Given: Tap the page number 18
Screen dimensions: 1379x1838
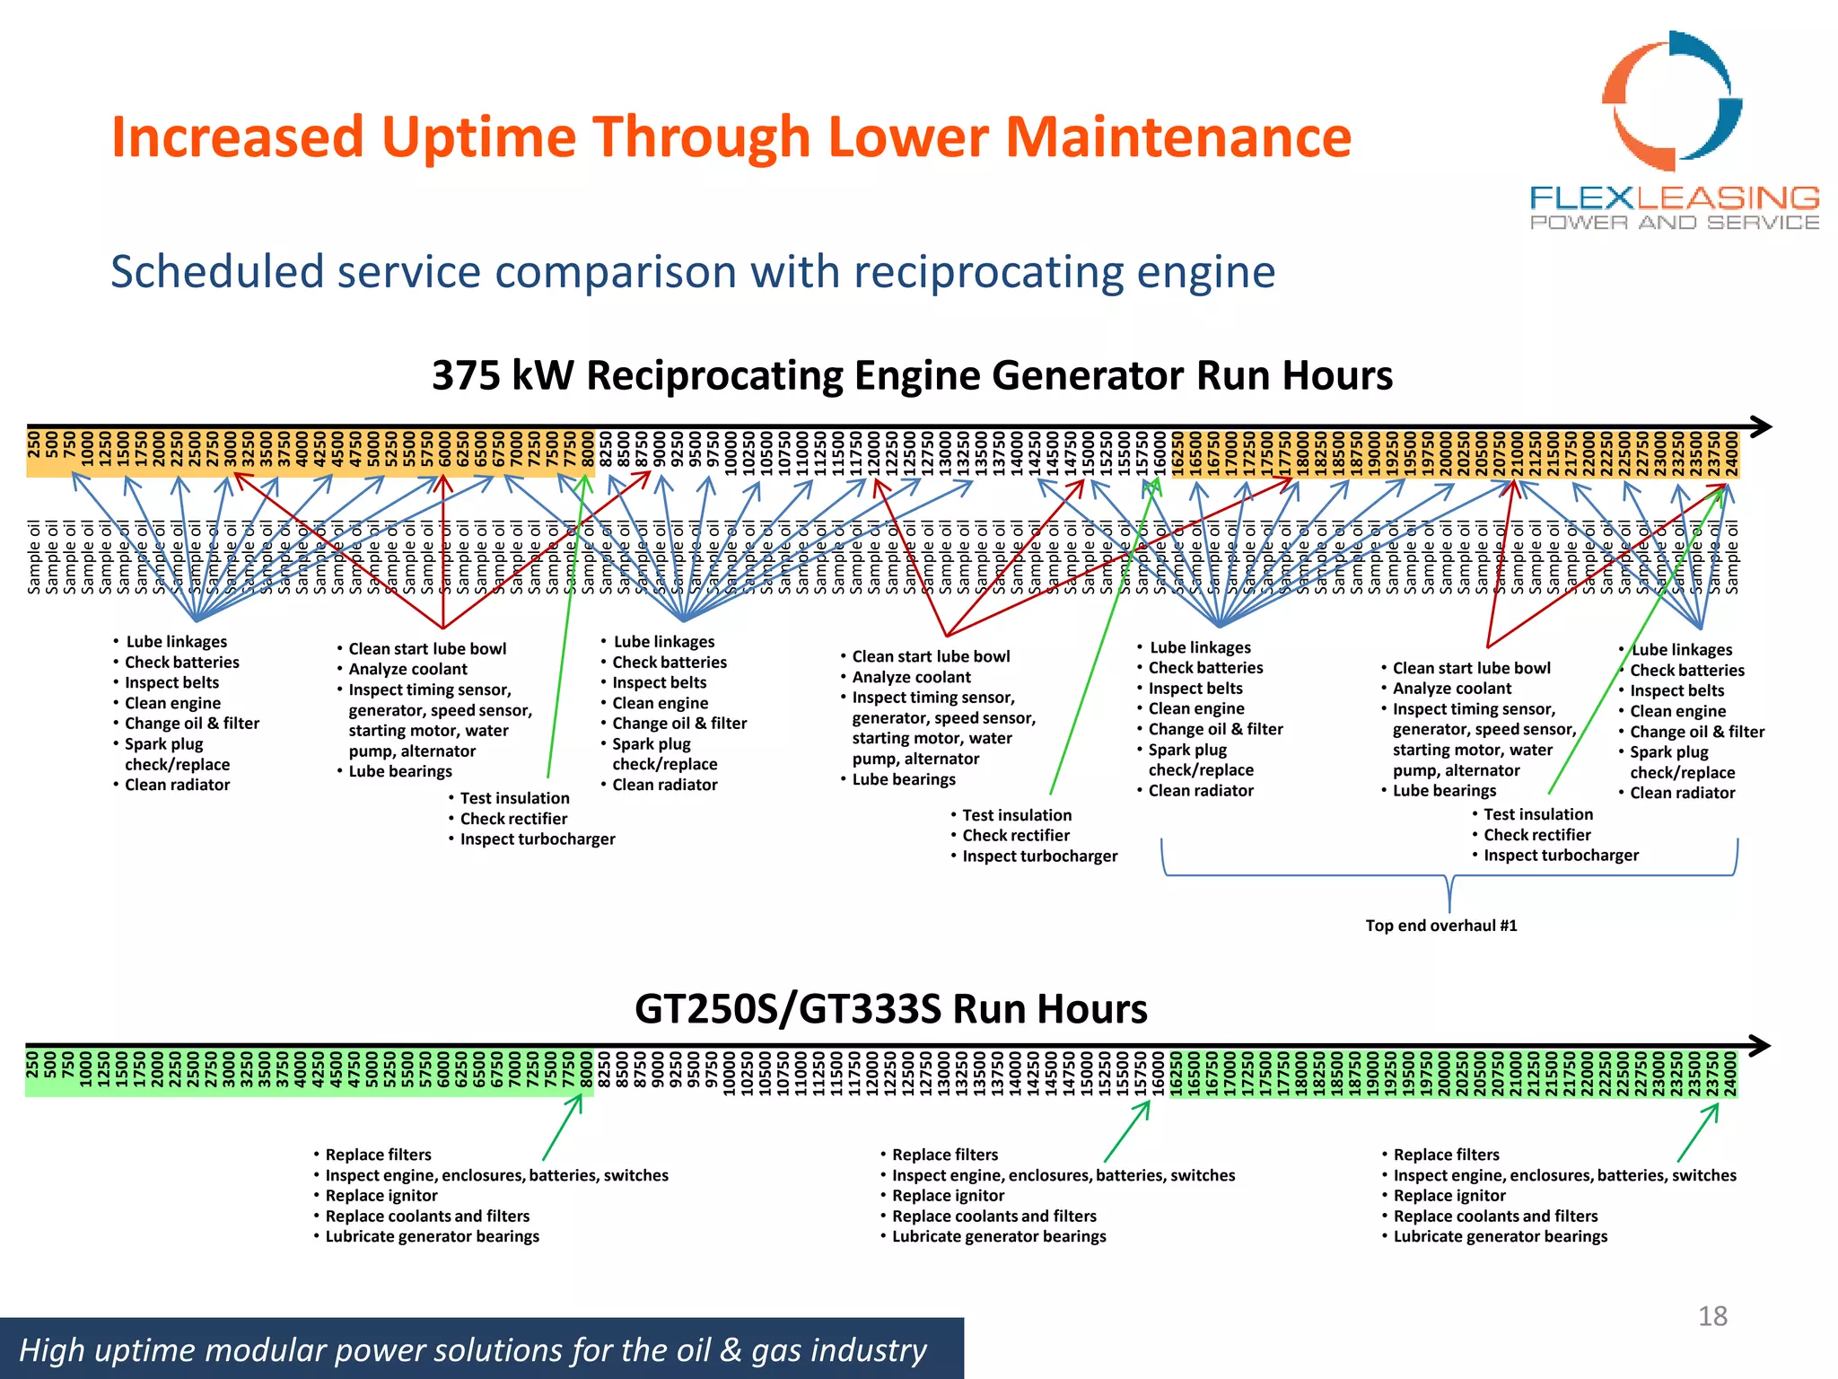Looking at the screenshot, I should point(1712,1316).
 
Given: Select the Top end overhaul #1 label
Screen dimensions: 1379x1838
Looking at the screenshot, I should point(1440,926).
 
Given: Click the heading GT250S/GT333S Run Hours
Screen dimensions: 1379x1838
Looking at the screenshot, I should point(890,1009).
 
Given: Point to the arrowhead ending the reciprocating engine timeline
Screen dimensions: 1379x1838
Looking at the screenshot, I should point(1761,426).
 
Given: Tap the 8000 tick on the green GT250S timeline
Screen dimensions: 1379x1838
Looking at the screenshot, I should point(586,1073).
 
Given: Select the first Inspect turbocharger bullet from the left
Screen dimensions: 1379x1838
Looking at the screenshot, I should point(537,839).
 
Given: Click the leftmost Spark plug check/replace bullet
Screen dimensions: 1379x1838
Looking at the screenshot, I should point(177,754).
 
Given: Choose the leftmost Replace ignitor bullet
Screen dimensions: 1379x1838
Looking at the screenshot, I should point(381,1196).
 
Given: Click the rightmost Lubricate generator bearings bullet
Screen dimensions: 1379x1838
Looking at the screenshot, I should point(1500,1236).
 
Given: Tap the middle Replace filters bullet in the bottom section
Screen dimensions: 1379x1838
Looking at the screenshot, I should point(944,1155).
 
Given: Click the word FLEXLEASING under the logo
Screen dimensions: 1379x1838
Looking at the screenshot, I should point(1674,198).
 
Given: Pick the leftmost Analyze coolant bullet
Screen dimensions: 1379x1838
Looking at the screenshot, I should point(407,669).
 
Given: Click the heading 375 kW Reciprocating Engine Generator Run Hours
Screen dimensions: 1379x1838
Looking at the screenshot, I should point(912,375).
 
